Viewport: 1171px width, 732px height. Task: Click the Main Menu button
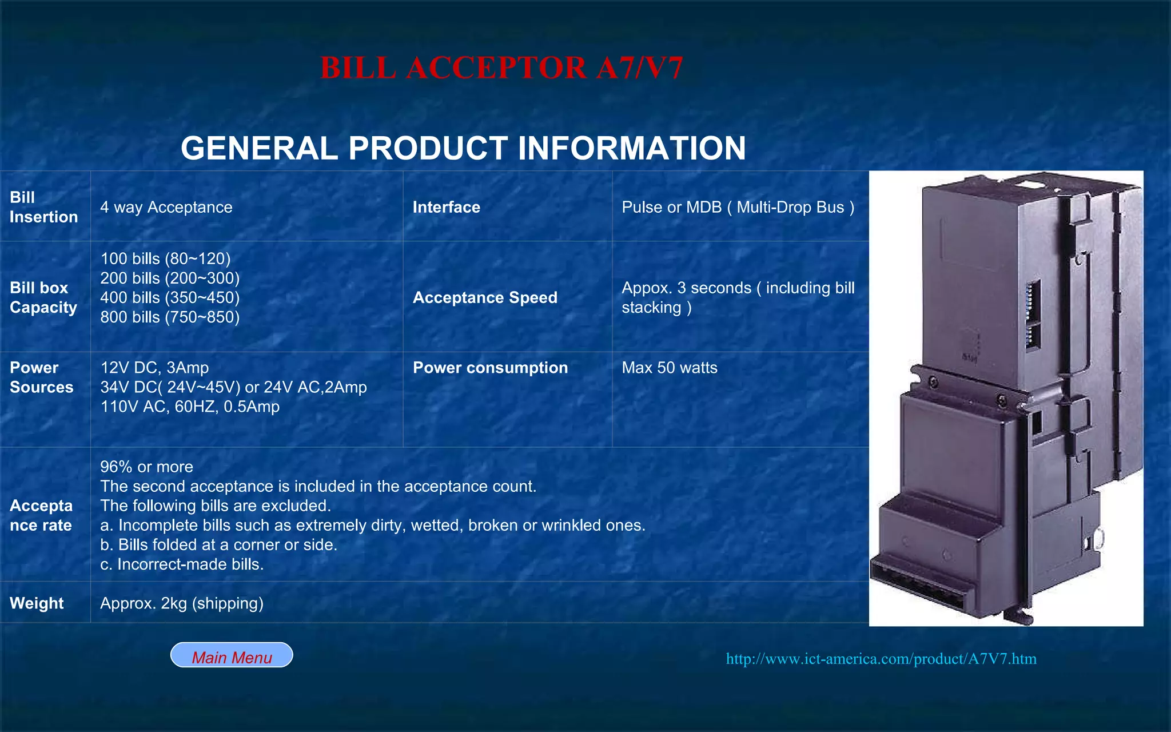pos(232,655)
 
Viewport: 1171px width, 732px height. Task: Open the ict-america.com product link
pos(881,659)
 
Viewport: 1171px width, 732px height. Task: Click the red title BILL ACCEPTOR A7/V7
pos(501,68)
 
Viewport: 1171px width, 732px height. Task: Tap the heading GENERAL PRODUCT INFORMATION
pos(463,148)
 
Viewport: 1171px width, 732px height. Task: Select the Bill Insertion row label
pos(43,207)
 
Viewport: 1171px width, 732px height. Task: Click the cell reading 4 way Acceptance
pos(166,207)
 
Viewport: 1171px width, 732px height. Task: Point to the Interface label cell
pos(446,207)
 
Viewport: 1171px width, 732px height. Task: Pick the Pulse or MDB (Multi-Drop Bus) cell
pos(738,207)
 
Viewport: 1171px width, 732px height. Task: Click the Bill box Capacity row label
pos(43,297)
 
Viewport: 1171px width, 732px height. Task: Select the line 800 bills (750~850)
pos(170,317)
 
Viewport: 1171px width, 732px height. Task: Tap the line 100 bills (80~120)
pos(165,258)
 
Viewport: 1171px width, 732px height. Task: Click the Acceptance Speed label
pos(485,297)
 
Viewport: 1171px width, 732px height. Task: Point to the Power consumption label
pos(490,368)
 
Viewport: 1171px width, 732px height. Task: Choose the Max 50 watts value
pos(669,368)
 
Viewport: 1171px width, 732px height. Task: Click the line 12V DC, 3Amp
pos(154,368)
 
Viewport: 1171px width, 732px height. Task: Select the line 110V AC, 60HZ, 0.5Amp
pos(190,407)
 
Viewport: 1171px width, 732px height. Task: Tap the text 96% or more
pos(146,467)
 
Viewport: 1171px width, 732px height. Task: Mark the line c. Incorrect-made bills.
pos(182,564)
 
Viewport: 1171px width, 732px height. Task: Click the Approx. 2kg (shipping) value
pos(182,603)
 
